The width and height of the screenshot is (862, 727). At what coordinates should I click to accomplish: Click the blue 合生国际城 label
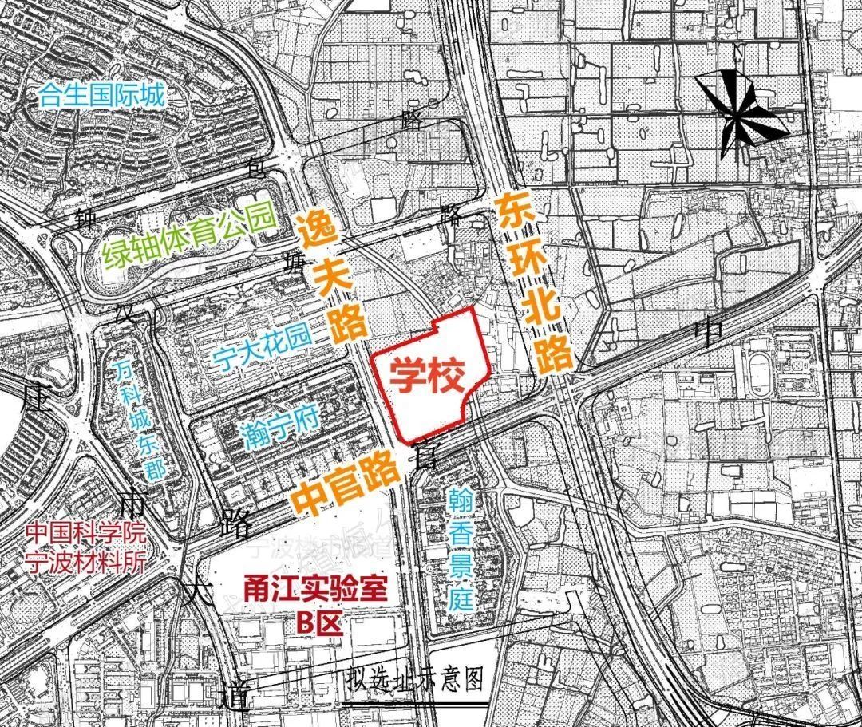point(102,97)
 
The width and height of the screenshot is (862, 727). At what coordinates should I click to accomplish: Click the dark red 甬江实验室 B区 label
point(316,606)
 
